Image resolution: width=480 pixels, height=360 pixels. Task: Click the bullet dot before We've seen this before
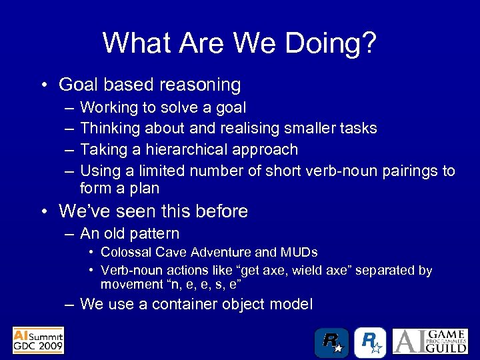coord(43,212)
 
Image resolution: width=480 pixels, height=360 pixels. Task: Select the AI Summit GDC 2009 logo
coord(38,341)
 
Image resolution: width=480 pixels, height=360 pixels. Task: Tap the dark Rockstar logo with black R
coord(331,343)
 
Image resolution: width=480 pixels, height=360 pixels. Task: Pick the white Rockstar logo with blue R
coord(369,343)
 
